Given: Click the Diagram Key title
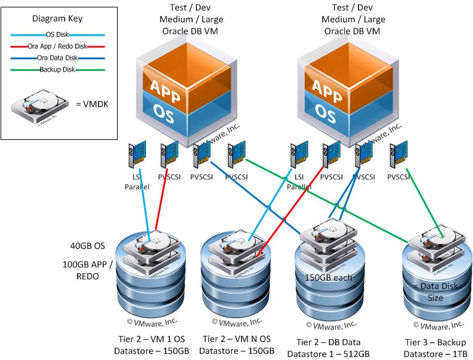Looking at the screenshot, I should (x=60, y=18).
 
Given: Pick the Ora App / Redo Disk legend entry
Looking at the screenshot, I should (x=59, y=46).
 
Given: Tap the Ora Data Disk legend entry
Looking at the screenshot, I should (x=59, y=58).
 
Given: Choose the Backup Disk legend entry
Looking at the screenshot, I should (x=59, y=70).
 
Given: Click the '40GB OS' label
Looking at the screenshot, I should (x=89, y=246).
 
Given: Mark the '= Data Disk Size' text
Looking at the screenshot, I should (x=435, y=292).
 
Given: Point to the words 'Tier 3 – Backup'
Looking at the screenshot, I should (x=435, y=342).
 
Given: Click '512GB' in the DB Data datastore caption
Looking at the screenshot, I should (x=355, y=353).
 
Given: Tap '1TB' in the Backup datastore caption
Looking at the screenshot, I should (x=456, y=353).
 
